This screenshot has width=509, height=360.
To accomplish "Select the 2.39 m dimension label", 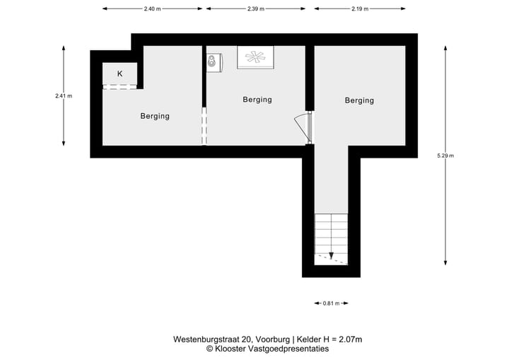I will (256, 9).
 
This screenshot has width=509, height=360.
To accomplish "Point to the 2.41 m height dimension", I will (64, 95).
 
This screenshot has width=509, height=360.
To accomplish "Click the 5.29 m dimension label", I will (446, 155).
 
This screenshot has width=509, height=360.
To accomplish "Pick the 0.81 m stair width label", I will (331, 303).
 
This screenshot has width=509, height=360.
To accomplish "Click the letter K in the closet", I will (119, 74).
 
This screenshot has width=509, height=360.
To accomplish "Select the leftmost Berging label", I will (154, 116).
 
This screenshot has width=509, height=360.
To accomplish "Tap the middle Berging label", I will (257, 100).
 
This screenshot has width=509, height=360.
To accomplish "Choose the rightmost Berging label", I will (359, 100).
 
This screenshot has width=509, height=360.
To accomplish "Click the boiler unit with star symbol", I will (255, 58).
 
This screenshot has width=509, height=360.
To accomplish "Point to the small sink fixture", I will (213, 62).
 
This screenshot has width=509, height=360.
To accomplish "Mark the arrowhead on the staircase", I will (331, 255).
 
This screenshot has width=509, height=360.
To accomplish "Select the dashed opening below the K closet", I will (119, 87).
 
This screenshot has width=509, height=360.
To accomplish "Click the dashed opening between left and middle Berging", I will (204, 127).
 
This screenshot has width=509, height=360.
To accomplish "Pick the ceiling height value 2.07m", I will (349, 339).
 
